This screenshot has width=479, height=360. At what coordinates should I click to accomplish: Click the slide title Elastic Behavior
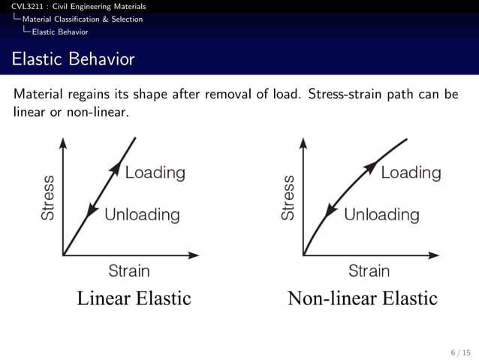[x=73, y=58]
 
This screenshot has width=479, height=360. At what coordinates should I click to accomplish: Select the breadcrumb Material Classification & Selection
[x=82, y=19]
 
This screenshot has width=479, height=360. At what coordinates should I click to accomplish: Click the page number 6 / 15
[x=460, y=352]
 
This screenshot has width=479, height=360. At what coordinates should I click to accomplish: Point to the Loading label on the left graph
[x=155, y=172]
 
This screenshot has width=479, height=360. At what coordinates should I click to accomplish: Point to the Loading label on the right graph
[x=411, y=172]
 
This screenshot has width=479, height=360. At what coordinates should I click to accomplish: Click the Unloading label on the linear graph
[x=142, y=215]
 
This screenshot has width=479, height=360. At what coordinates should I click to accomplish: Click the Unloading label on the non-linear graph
[x=381, y=215]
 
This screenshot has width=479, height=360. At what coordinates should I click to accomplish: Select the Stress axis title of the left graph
[x=48, y=198]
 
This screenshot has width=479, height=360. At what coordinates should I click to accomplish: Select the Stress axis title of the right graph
[x=288, y=198]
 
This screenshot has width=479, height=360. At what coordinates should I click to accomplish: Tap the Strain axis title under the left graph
[x=129, y=271]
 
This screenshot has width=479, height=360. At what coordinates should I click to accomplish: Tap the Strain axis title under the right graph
[x=369, y=271]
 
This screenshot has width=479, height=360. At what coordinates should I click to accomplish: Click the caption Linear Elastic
[x=134, y=298]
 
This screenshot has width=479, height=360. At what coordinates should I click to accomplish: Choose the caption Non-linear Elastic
[x=362, y=298]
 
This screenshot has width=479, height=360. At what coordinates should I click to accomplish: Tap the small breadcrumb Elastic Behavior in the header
[x=60, y=32]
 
